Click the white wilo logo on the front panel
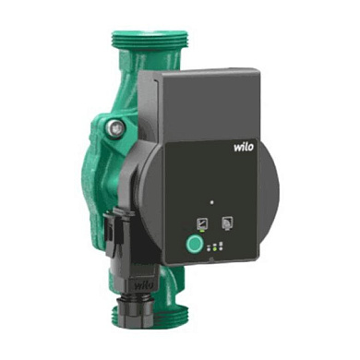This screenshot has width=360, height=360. (x=244, y=147)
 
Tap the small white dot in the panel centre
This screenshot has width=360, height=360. (x=211, y=203)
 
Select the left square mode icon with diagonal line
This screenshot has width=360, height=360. (x=202, y=222)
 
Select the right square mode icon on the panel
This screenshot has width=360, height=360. (x=227, y=222)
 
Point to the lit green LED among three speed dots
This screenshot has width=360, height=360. (x=215, y=248)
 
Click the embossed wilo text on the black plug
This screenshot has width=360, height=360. (x=144, y=285)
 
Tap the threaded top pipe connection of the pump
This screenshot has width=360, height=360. (x=149, y=39)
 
